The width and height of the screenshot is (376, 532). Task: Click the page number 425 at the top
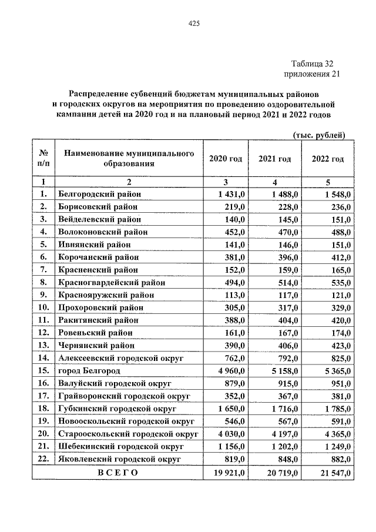click(194, 24)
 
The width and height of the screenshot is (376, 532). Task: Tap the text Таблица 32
click(315, 64)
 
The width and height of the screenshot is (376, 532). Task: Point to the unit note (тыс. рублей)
click(319, 135)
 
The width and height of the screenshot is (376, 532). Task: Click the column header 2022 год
click(328, 159)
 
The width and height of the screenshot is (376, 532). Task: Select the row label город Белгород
click(89, 372)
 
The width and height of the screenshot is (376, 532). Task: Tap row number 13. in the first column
click(42, 346)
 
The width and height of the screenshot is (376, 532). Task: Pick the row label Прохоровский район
click(98, 308)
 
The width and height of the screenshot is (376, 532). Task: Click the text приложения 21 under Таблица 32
click(311, 75)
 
